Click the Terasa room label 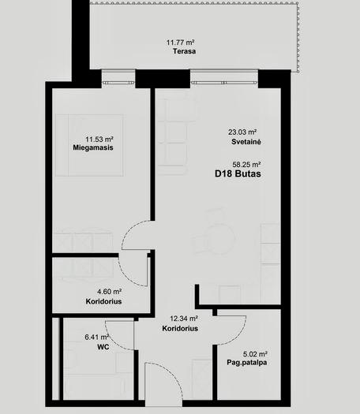(184, 51)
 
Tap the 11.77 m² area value (181, 43)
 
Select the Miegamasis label (93, 147)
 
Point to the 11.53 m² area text (99, 139)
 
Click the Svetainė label (246, 142)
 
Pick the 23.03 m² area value (242, 132)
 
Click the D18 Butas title (238, 174)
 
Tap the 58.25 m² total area (246, 165)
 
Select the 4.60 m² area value (110, 292)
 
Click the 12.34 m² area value (184, 319)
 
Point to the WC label (103, 347)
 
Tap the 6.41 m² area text (97, 338)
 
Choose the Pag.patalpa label (247, 363)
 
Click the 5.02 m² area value (255, 354)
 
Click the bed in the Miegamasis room (89, 145)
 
